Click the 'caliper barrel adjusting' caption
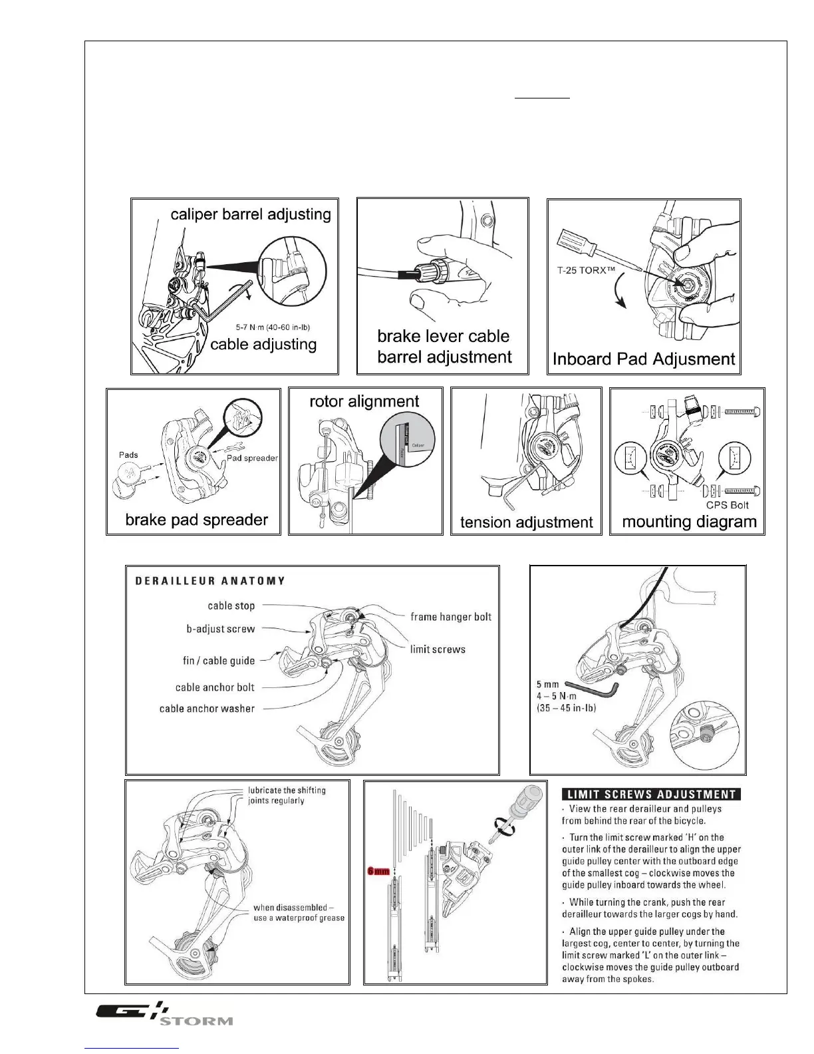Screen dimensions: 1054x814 pos(251,214)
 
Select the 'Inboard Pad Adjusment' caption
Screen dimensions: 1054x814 pos(644,359)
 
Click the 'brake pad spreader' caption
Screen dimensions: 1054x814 pos(196,520)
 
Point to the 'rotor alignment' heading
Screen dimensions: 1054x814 pos(364,401)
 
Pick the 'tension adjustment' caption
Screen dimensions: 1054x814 pos(526,522)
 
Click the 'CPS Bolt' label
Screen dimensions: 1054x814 pos(728,505)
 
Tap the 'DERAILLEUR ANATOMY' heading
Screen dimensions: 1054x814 pos(210,581)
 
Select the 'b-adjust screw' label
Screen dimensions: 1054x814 pos(221,629)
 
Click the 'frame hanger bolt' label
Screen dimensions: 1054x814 pos(451,617)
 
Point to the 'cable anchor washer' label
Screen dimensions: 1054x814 pos(207,709)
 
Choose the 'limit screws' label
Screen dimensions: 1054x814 pos(438,649)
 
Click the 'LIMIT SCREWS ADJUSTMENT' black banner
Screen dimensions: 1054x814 pos(651,794)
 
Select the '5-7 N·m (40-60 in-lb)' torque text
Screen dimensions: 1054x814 pos(273,327)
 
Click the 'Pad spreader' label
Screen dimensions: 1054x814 pos(252,458)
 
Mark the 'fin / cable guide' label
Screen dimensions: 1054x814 pos(219,661)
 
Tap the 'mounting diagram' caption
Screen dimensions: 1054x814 pos(689,522)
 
